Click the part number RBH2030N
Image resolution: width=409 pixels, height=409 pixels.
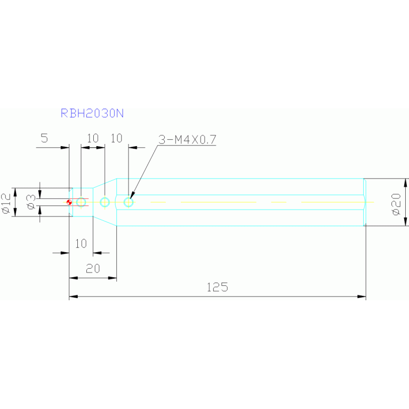pyautogui.click(x=92, y=113)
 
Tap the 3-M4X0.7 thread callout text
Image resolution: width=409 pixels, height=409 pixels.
pyautogui.click(x=187, y=140)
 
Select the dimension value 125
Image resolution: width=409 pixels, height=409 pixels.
pyautogui.click(x=217, y=287)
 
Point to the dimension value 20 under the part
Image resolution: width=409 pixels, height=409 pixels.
pyautogui.click(x=93, y=268)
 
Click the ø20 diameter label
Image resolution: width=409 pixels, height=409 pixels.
pyautogui.click(x=396, y=204)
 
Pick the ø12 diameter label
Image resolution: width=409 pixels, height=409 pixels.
pyautogui.click(x=6, y=204)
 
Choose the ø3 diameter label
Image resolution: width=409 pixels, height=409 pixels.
pyautogui.click(x=31, y=202)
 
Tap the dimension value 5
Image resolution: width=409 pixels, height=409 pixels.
pyautogui.click(x=44, y=138)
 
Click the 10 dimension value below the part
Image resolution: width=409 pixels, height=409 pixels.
pyautogui.click(x=81, y=244)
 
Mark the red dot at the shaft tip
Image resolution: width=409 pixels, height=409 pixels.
pyautogui.click(x=69, y=202)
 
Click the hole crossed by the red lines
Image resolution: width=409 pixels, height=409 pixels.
pyautogui.click(x=81, y=202)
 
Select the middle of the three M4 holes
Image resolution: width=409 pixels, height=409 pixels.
pyautogui.click(x=105, y=202)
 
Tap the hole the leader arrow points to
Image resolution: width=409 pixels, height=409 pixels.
pyautogui.click(x=129, y=202)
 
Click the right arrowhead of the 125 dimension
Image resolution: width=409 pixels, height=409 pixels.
pyautogui.click(x=362, y=296)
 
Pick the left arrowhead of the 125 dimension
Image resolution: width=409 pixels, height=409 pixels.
pyautogui.click(x=73, y=296)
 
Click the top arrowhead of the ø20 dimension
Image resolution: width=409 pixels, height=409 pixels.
pyautogui.click(x=405, y=182)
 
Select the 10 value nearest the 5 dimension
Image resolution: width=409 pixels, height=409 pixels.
pyautogui.click(x=93, y=138)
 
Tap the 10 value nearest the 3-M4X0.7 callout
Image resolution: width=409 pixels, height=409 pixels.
pyautogui.click(x=116, y=138)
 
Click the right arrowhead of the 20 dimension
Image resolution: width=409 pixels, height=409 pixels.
pyautogui.click(x=113, y=278)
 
